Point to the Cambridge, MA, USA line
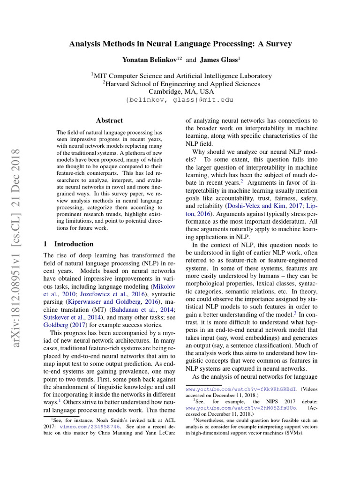(181, 92)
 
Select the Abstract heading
(109, 120)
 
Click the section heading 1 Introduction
(68, 244)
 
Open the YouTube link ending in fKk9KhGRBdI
(241, 389)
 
